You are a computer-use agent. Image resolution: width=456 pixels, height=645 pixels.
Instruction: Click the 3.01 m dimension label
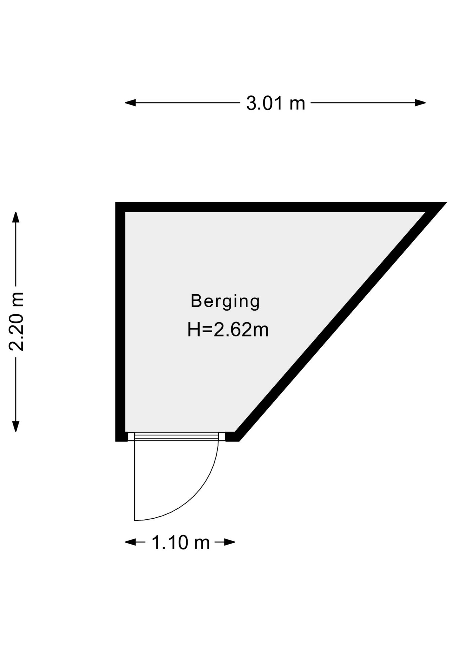276,103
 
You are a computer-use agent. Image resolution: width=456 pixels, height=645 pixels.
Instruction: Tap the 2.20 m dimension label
16,321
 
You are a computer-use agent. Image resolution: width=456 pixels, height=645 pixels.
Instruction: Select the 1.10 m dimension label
181,542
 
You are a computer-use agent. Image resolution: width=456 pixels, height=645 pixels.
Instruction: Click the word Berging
225,301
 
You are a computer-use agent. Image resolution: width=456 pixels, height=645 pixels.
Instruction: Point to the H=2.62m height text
228,330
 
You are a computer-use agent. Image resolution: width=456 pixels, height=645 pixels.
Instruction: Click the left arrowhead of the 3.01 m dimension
130,103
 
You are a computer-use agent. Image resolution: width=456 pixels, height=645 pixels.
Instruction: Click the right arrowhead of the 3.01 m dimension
420,103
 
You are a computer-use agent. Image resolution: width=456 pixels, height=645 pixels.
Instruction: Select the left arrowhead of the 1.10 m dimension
130,542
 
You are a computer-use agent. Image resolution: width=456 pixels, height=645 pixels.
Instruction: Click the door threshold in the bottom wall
177,436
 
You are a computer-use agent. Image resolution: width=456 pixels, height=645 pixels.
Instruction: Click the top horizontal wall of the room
275,207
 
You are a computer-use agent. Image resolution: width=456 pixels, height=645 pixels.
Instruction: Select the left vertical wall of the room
120,321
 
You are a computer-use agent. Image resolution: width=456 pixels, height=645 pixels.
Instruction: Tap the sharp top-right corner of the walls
447,203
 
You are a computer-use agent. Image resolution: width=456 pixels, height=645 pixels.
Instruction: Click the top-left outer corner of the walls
116,202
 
